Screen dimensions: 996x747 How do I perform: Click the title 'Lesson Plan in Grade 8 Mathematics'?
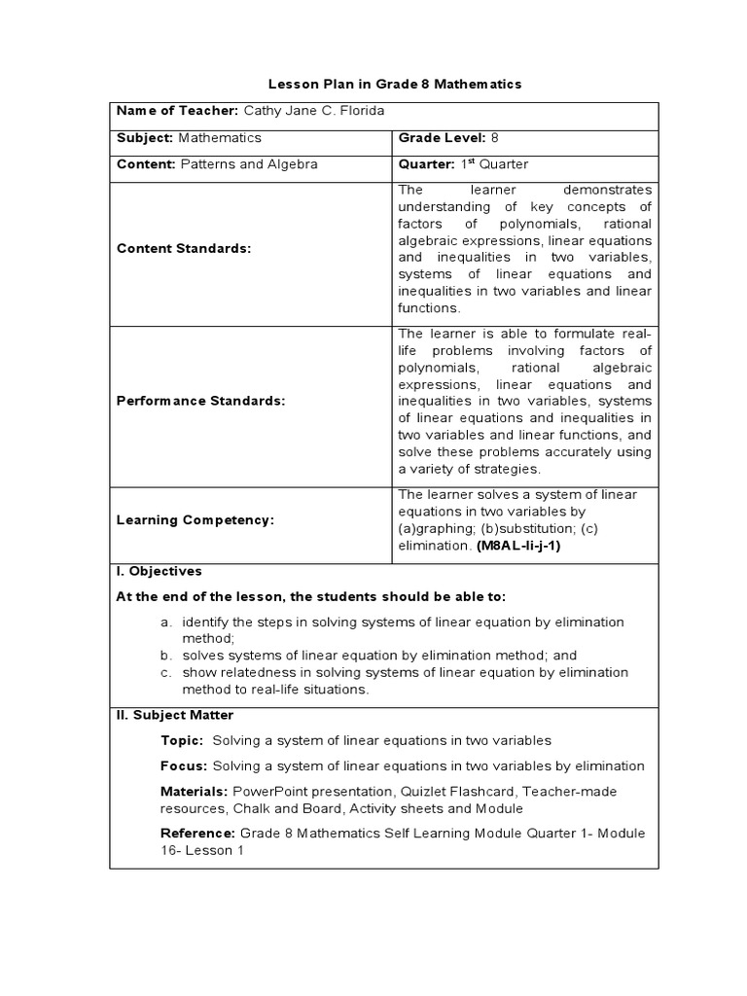[395, 85]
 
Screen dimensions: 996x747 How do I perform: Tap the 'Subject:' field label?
[145, 138]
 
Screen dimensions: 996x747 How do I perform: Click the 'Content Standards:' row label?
[184, 248]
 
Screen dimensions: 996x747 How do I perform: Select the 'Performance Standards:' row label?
[200, 402]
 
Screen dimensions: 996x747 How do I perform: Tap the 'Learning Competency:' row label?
[196, 520]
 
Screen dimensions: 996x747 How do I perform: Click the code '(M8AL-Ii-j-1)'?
[518, 546]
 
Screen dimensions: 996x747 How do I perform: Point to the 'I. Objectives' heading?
[160, 571]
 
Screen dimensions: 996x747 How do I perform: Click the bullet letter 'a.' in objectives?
[167, 622]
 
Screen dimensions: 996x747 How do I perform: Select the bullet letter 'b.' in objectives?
[167, 656]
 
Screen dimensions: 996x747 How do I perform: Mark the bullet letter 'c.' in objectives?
[167, 672]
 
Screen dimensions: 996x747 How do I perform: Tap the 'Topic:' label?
[182, 740]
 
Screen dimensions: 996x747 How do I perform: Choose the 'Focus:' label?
[184, 766]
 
